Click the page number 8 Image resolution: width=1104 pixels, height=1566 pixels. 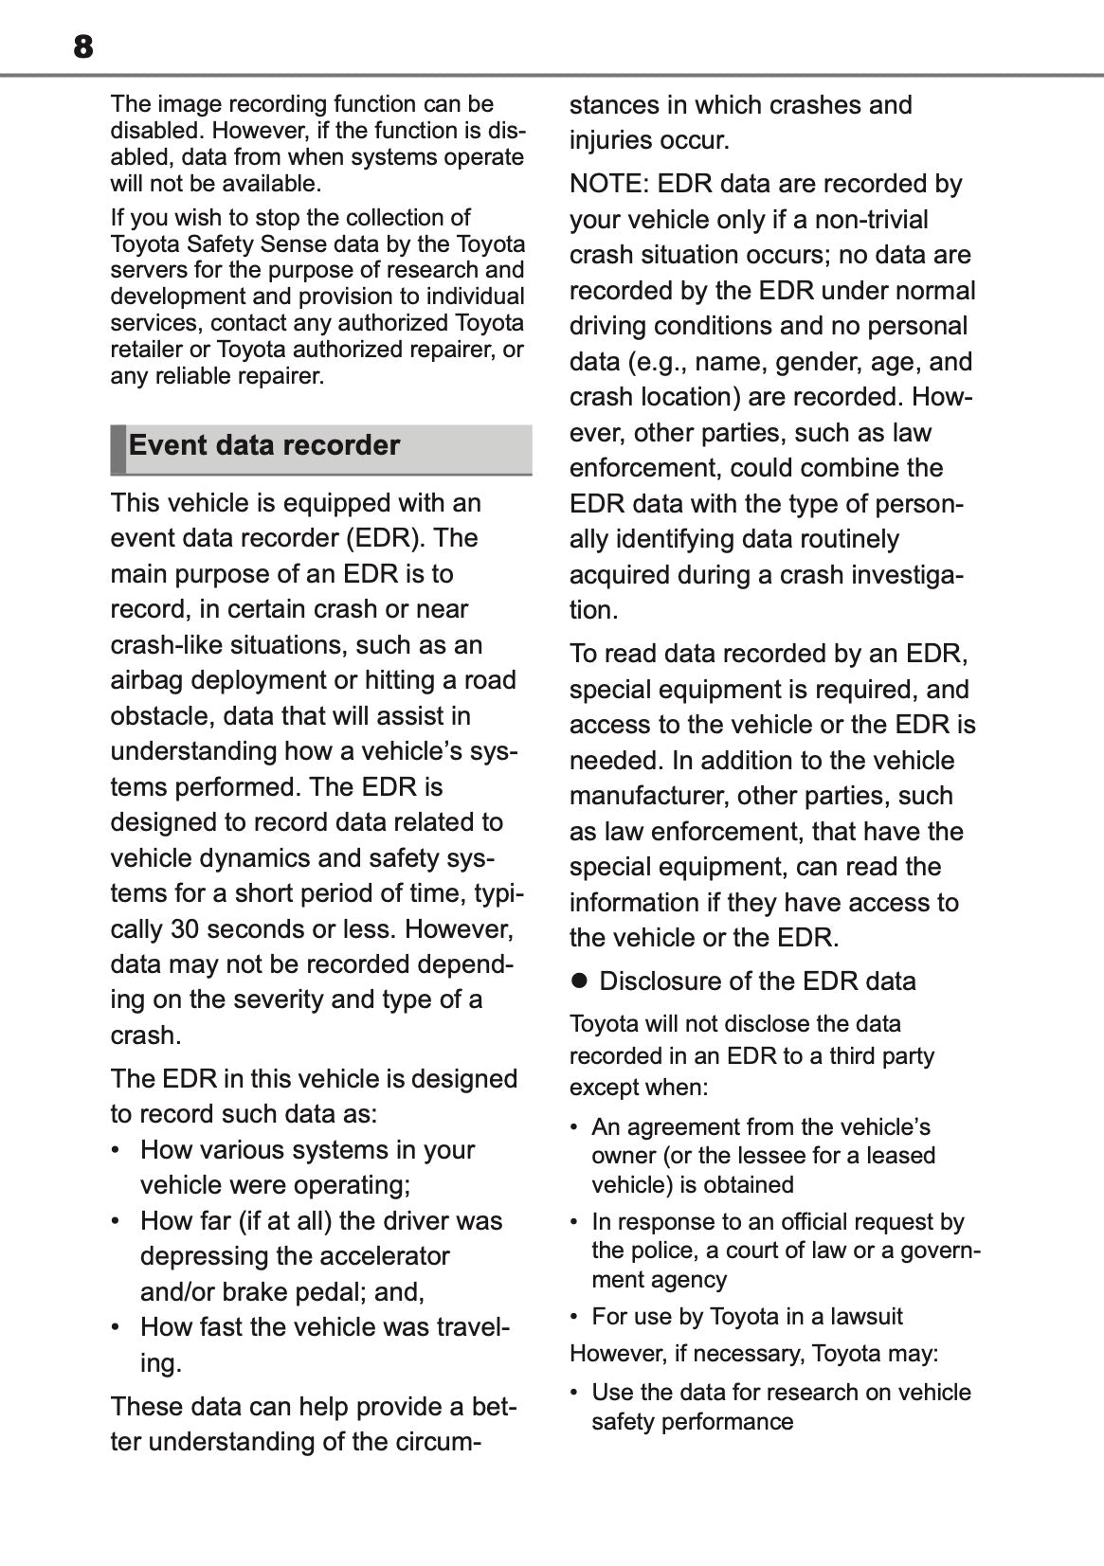pyautogui.click(x=83, y=46)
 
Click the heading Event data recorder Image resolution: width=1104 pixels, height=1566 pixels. pyautogui.click(x=263, y=445)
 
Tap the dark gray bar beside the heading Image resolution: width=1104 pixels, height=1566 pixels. pyautogui.click(x=118, y=449)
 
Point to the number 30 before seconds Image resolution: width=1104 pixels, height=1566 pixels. pyautogui.click(x=184, y=928)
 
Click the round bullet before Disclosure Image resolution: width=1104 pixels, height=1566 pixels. pyautogui.click(x=579, y=981)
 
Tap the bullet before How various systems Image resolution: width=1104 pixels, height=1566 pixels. pyautogui.click(x=117, y=1150)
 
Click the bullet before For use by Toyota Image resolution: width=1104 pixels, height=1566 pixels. pyautogui.click(x=575, y=1317)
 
